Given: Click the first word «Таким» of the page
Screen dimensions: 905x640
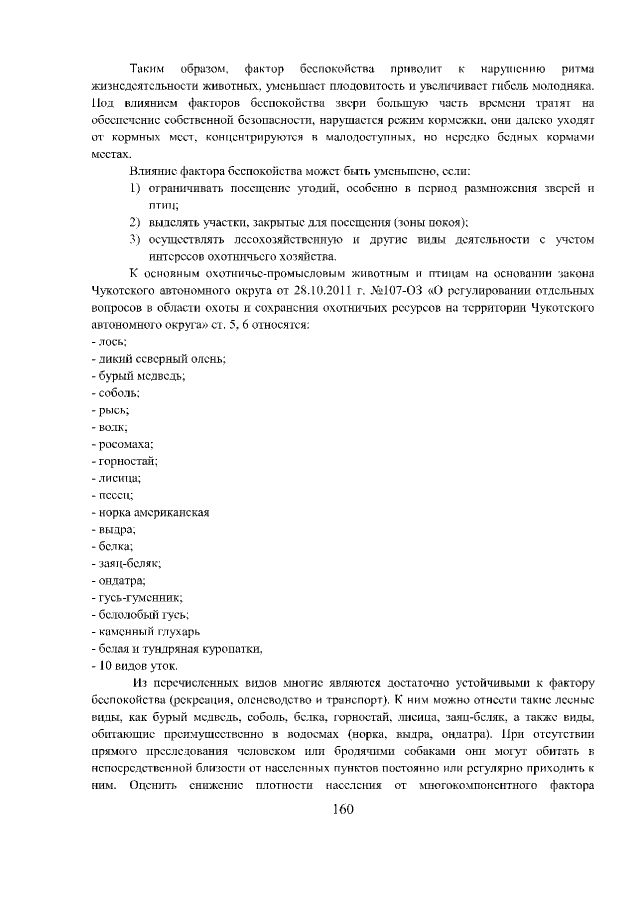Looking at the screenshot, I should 150,69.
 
